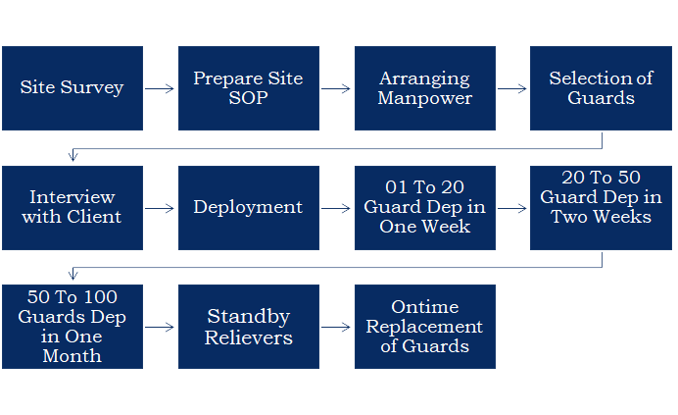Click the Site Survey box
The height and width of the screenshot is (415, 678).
pyautogui.click(x=73, y=88)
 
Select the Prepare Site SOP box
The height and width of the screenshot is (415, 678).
pyautogui.click(x=248, y=88)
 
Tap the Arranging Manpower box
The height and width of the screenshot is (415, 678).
pyautogui.click(x=424, y=88)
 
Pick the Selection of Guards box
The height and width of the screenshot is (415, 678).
pyautogui.click(x=601, y=88)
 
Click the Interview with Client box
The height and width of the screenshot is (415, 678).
pyautogui.click(x=73, y=207)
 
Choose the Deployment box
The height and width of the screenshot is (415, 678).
pyautogui.click(x=248, y=207)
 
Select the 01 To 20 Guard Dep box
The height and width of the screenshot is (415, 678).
pyautogui.click(x=424, y=207)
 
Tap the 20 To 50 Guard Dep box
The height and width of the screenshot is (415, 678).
pyautogui.click(x=601, y=207)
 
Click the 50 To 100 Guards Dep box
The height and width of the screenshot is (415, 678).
pyautogui.click(x=73, y=327)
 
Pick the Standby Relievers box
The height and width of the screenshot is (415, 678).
pyautogui.click(x=248, y=327)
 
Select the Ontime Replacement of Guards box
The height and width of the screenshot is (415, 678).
pyautogui.click(x=424, y=327)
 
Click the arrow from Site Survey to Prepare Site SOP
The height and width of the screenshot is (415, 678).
pyautogui.click(x=160, y=88)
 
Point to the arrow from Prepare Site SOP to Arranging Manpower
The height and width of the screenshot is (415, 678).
pyautogui.click(x=336, y=88)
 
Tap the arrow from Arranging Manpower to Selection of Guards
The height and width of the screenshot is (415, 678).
pyautogui.click(x=512, y=88)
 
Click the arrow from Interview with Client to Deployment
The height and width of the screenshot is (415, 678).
pyautogui.click(x=160, y=208)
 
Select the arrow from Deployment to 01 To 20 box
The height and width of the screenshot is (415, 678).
pyautogui.click(x=336, y=208)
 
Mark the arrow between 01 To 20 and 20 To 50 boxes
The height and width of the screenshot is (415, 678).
pyautogui.click(x=512, y=208)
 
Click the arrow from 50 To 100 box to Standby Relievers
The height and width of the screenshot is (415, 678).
pyautogui.click(x=160, y=328)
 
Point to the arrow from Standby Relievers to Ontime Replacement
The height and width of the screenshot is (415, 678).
pyautogui.click(x=336, y=328)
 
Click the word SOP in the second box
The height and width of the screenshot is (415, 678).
pyautogui.click(x=248, y=98)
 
